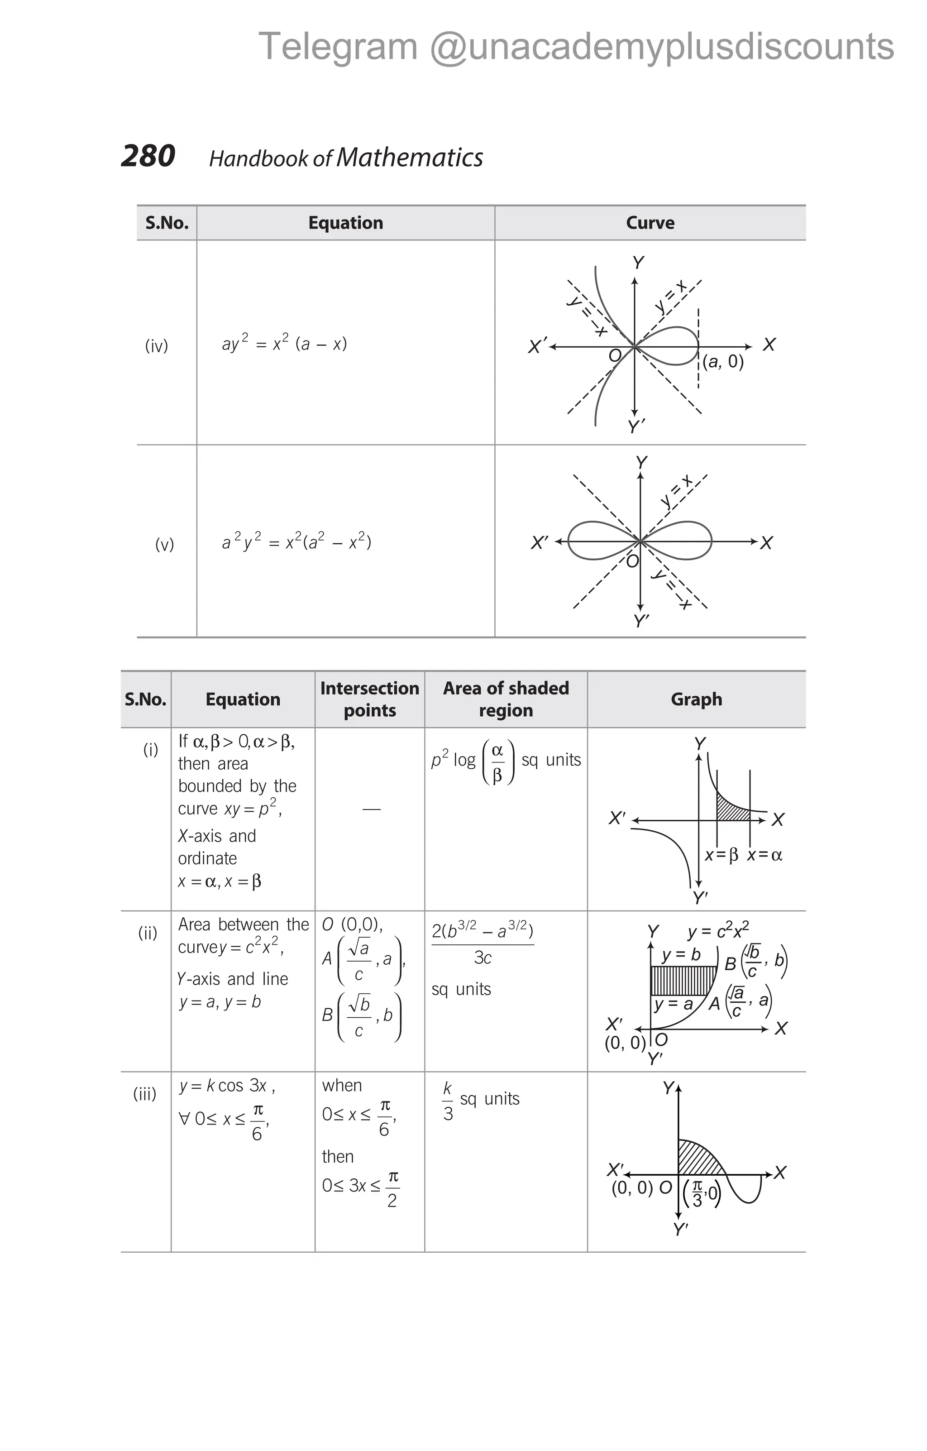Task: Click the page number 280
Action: (148, 156)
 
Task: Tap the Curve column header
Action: (650, 223)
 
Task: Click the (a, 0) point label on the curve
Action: (723, 362)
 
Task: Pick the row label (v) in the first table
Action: (164, 545)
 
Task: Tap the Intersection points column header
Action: (369, 699)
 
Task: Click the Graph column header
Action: (696, 699)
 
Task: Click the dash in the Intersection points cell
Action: (371, 809)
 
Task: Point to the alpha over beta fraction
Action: (497, 762)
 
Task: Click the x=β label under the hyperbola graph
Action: (721, 855)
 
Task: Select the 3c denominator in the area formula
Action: (483, 958)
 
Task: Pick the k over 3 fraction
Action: (448, 1101)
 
